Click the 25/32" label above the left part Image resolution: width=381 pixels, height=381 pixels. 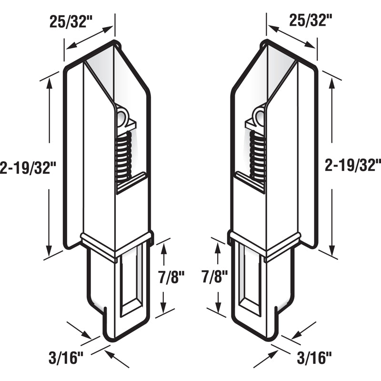pos(71,21)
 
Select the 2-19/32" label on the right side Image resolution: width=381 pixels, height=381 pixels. pos(352,165)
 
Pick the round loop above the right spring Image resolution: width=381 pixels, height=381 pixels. pos(260,116)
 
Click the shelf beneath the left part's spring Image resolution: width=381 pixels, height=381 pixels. pos(131,183)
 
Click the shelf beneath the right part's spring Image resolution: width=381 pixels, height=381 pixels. pos(250,183)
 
